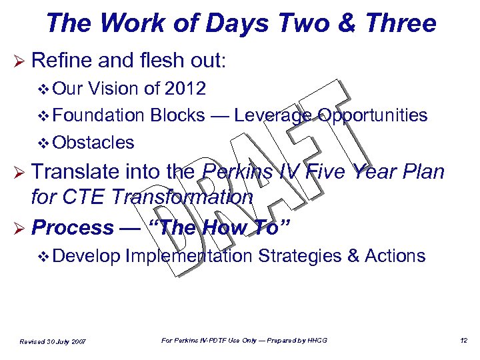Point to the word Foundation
tap(98, 115)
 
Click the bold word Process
tap(73, 227)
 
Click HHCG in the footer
tap(317, 341)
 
